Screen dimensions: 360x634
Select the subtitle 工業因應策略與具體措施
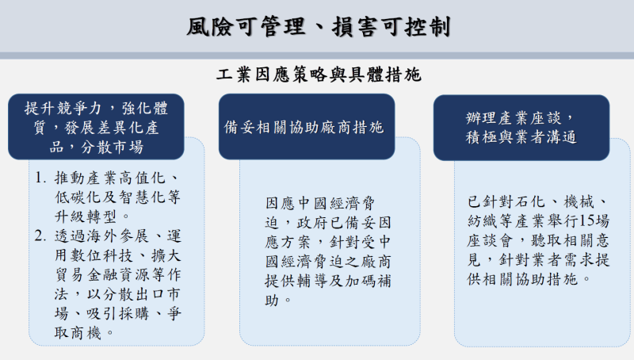point(318,76)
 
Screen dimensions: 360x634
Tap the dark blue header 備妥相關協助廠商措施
point(305,127)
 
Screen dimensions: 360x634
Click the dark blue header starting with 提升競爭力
point(96,127)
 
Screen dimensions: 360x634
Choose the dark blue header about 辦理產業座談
point(521,127)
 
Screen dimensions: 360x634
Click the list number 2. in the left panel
point(41,235)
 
